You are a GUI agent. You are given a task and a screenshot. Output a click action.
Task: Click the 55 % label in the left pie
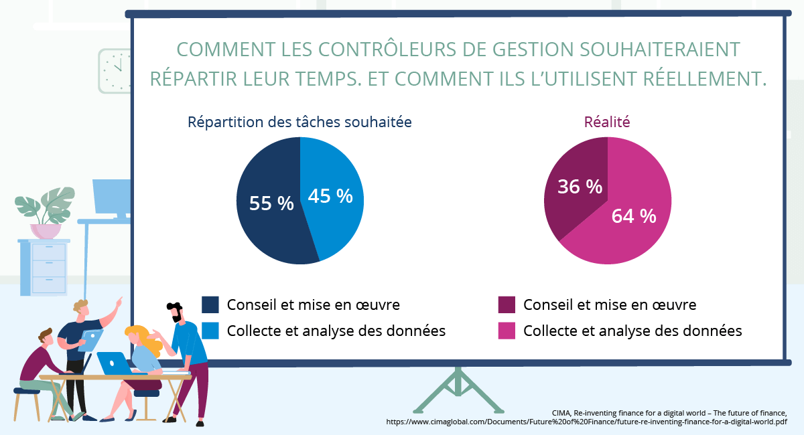(x=271, y=203)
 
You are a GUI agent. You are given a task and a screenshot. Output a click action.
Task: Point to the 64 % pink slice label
(x=633, y=216)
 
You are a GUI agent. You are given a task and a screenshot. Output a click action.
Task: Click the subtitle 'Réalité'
(x=607, y=122)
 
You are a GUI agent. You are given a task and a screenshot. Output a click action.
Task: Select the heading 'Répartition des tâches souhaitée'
(x=299, y=122)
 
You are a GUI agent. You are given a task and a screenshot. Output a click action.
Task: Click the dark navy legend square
(x=210, y=304)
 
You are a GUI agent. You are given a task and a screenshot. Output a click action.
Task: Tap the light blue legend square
(x=210, y=331)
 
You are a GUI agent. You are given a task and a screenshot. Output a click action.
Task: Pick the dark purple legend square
(x=507, y=304)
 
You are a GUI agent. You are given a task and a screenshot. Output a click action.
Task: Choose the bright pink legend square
(x=507, y=331)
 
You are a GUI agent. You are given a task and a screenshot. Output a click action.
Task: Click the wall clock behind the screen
(x=115, y=70)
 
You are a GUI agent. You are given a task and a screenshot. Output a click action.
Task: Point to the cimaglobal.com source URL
(x=586, y=422)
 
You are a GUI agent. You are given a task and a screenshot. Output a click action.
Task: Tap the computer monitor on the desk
(x=111, y=197)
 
